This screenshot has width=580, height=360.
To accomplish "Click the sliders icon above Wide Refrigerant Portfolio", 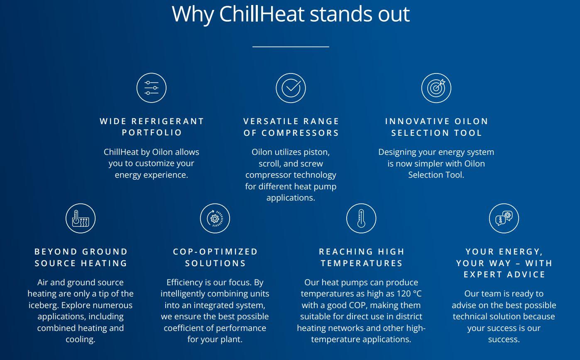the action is point(152,88).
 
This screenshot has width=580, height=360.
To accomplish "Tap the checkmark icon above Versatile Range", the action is point(291,88).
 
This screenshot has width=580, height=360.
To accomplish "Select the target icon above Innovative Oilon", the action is point(436,88).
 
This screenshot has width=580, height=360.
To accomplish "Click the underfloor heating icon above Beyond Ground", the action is point(81,218).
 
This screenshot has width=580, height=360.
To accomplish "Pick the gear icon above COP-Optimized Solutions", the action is point(215,218).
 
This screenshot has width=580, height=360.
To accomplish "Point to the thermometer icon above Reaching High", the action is point(361,218).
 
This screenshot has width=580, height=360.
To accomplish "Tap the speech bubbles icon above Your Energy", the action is point(504,218).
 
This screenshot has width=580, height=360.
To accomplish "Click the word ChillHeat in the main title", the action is point(262,14).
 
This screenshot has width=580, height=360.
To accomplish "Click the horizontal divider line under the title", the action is point(291,47).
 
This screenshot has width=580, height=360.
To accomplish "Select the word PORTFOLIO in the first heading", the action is point(152,132).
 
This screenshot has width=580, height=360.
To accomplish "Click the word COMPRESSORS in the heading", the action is point(300,133).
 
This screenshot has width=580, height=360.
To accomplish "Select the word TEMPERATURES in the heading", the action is point(362,263).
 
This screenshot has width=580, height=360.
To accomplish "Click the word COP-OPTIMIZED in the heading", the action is point(215,252).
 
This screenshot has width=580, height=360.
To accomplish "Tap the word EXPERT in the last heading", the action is point(483,274).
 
